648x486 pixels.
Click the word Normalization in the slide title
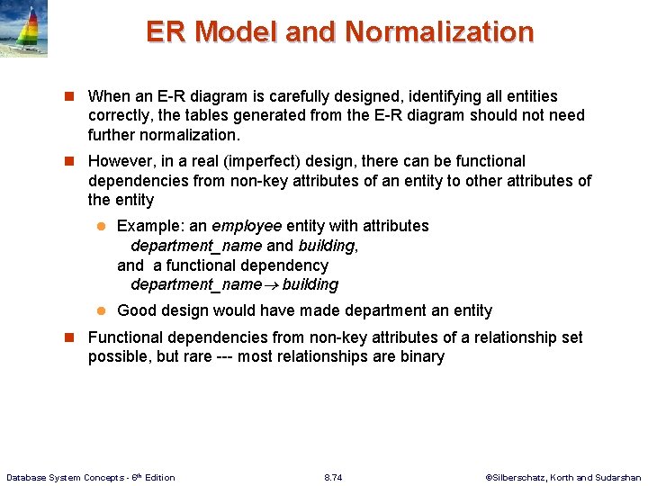click(x=439, y=32)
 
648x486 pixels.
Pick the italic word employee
click(x=247, y=226)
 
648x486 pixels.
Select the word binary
click(x=420, y=356)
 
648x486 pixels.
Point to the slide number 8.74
click(x=333, y=477)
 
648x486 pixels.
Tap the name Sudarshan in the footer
click(x=617, y=477)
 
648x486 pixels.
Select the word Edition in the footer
click(x=158, y=477)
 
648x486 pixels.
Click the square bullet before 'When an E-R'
click(x=68, y=96)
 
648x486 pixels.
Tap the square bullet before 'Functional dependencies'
click(x=68, y=337)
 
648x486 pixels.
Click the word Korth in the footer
click(x=567, y=477)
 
